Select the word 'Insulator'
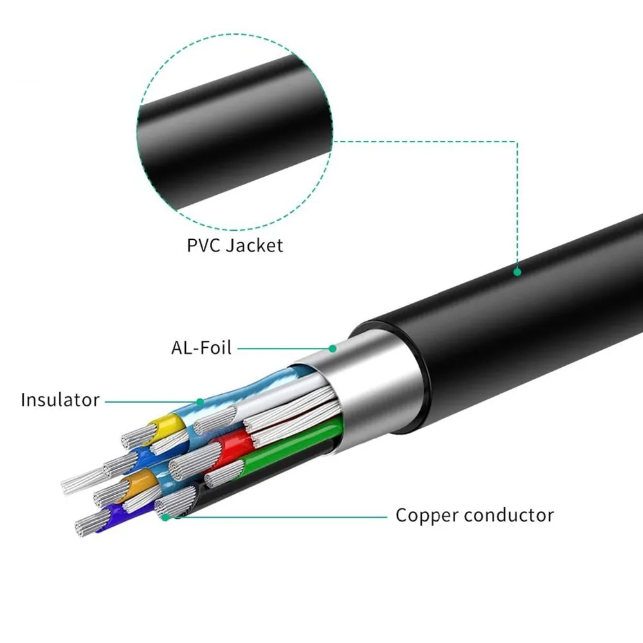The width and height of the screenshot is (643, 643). pyautogui.click(x=60, y=400)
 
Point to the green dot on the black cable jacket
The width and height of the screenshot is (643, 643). pyautogui.click(x=517, y=272)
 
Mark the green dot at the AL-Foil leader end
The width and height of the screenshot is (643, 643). pyautogui.click(x=332, y=349)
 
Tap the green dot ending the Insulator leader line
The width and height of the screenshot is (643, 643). pyautogui.click(x=200, y=402)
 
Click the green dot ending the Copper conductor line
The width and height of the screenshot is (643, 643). pyautogui.click(x=166, y=516)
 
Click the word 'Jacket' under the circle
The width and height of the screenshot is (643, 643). pyautogui.click(x=257, y=246)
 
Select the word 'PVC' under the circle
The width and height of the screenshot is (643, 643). pyautogui.click(x=203, y=246)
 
